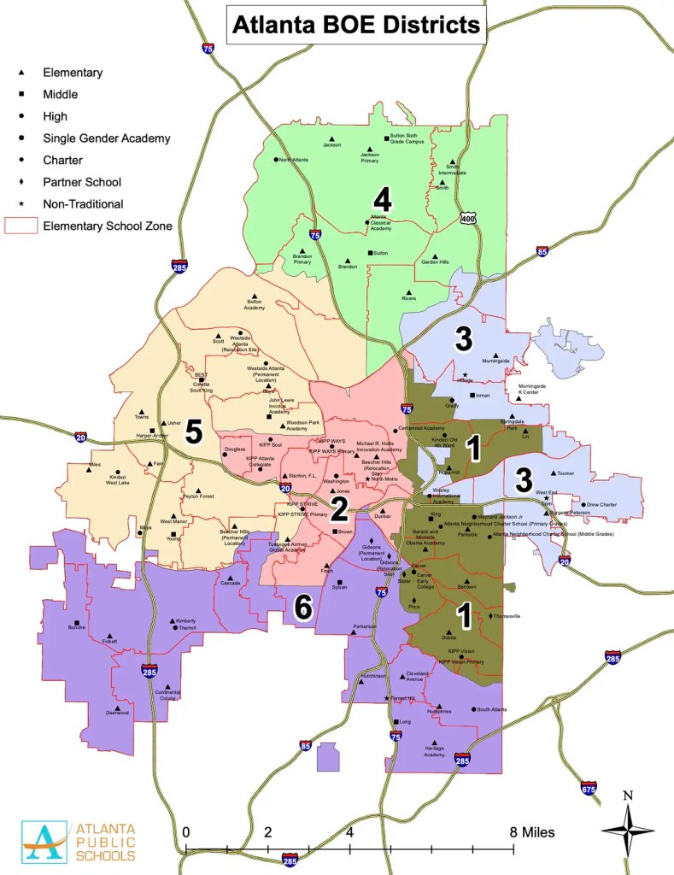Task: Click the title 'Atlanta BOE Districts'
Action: pos(356,25)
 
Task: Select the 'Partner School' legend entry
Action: pos(82,182)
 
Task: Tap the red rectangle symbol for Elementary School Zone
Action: pos(21,226)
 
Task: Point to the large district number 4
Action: pos(382,202)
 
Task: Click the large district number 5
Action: pos(194,432)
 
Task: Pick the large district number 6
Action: pos(302,608)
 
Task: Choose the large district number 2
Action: pos(339,509)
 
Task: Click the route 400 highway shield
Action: pos(466,218)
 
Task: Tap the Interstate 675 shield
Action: pos(589,787)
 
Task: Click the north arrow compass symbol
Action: pos(627,828)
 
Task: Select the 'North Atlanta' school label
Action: pos(293,160)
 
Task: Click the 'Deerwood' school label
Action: pos(117,712)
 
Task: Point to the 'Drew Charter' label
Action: pos(601,505)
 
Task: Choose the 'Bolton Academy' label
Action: pos(254,304)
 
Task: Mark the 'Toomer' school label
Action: pos(567,473)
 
